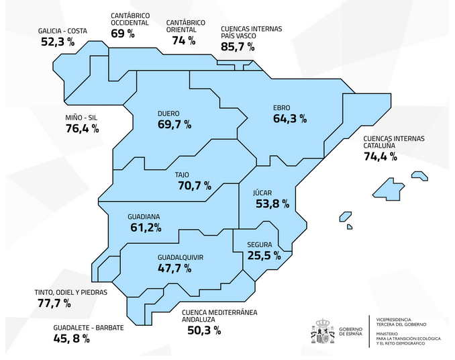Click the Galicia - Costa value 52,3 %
(57, 42)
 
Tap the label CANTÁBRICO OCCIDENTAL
(130, 19)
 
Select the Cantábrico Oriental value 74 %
(183, 40)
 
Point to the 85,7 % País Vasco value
(238, 47)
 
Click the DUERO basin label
(168, 113)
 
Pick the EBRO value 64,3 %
(290, 119)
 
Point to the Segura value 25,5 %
(264, 255)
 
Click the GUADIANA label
(145, 217)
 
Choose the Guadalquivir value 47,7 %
(174, 268)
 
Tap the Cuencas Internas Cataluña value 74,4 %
(380, 157)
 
